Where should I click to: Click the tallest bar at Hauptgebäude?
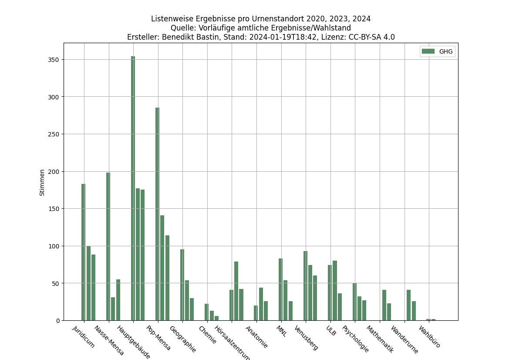point(133,188)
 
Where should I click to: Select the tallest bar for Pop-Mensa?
point(157,214)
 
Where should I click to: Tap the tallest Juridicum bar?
point(83,252)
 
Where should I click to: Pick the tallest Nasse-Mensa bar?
point(108,246)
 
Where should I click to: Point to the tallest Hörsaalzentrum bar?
point(236,291)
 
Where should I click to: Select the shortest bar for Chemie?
point(216,318)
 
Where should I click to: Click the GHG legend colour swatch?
point(428,51)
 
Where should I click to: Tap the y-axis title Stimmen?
point(42,182)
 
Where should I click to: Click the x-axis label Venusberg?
point(307,338)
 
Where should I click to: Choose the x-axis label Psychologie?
point(355,339)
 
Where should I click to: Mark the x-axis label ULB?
point(331,331)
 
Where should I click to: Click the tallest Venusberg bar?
point(305,285)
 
